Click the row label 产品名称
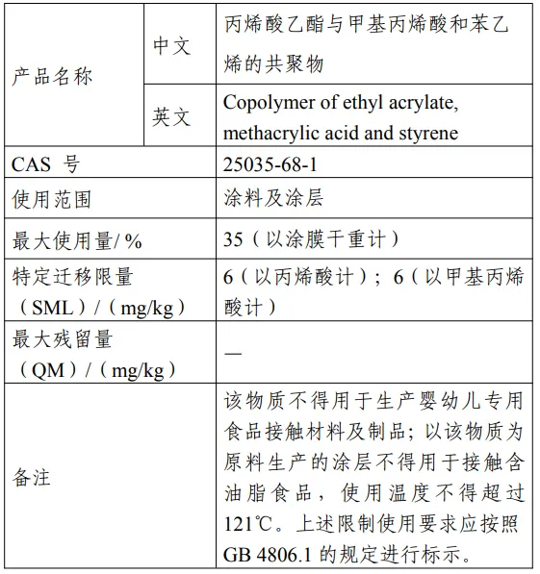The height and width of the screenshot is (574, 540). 52,77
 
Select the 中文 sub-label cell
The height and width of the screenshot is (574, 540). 172,45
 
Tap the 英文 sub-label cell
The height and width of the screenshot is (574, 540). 172,117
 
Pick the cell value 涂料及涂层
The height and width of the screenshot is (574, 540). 272,199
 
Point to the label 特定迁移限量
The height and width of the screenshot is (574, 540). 72,278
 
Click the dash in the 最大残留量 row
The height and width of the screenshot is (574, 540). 233,354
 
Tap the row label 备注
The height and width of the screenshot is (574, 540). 31,478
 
